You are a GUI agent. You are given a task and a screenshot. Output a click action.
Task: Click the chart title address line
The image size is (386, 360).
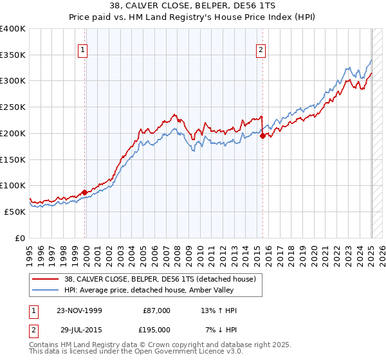pos(193,6)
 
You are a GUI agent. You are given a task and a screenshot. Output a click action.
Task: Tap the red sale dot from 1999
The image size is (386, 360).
pos(85,192)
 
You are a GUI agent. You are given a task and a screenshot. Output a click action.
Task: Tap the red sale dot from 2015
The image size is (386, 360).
pos(262,136)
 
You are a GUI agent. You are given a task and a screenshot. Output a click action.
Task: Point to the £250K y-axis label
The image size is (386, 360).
pos(14,107)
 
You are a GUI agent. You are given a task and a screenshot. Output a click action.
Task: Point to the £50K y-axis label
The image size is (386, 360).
pos(15,212)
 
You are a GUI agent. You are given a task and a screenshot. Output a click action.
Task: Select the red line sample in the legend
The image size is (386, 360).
pos(45,279)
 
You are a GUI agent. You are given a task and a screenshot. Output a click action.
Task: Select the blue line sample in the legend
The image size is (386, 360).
pos(45,290)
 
